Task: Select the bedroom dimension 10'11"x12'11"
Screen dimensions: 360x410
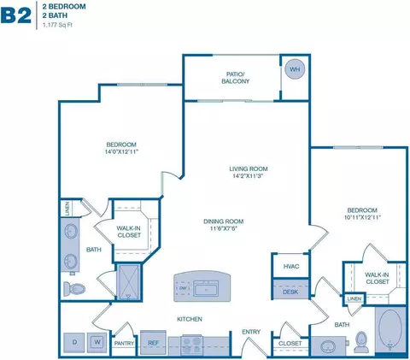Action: (362, 217)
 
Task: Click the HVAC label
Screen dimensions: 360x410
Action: (290, 268)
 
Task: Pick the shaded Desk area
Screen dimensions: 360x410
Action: (290, 292)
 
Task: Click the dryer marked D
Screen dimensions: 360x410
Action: (74, 343)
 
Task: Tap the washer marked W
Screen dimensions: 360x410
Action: (97, 343)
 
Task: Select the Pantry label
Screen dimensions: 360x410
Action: (125, 344)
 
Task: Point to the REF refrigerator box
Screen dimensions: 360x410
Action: (154, 344)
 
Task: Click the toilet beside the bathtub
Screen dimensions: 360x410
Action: (361, 340)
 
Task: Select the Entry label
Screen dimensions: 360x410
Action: (251, 332)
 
